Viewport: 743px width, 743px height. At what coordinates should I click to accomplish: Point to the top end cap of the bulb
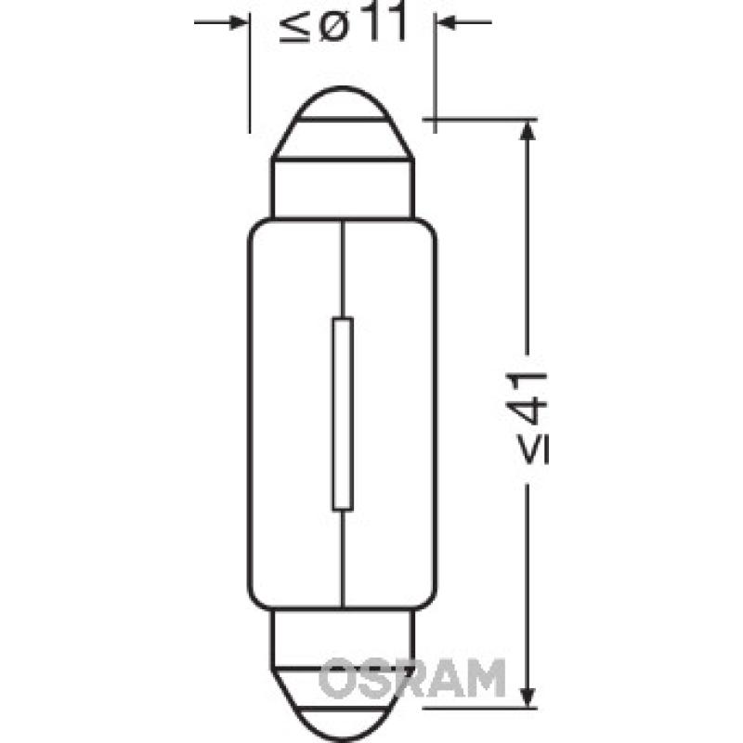(x=343, y=125)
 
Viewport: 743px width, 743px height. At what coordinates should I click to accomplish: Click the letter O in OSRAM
(x=335, y=678)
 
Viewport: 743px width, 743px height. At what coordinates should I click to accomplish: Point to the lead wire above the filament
(x=343, y=269)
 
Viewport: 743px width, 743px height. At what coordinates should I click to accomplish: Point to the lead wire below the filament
(x=343, y=557)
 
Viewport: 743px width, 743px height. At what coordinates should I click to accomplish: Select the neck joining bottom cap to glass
(x=343, y=632)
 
